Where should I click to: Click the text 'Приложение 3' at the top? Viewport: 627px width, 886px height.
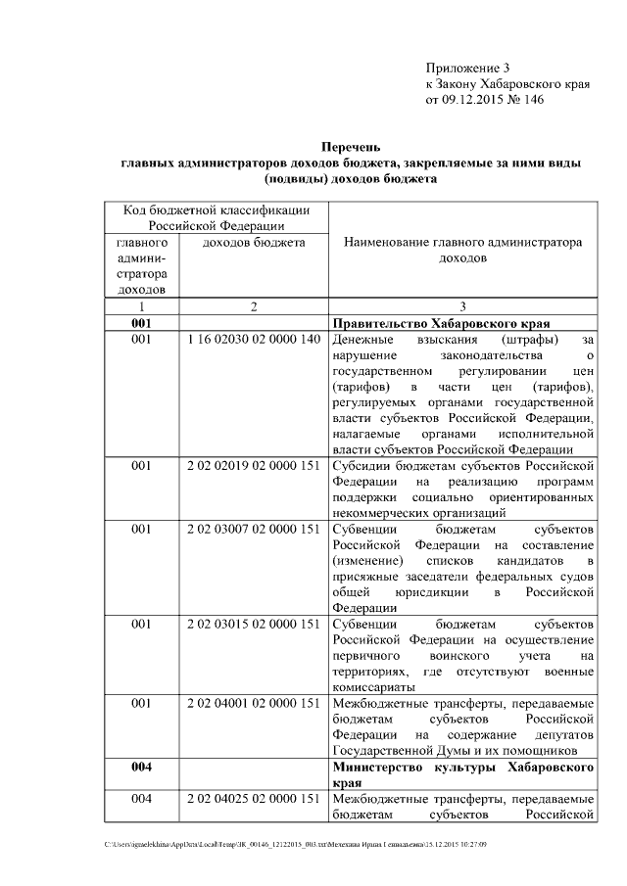coord(468,68)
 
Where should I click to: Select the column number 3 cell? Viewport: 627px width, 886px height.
coord(462,305)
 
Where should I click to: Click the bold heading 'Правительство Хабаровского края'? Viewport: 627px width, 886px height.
coord(440,323)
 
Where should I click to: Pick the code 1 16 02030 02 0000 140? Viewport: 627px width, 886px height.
coord(253,340)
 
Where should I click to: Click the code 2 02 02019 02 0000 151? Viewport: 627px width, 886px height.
coord(253,466)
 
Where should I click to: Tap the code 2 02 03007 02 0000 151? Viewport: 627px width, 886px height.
coord(253,530)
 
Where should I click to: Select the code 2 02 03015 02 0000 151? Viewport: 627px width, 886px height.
coord(253,624)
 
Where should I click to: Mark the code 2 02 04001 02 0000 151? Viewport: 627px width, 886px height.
coord(253,703)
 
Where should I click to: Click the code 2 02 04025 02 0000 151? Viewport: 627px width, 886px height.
coord(253,799)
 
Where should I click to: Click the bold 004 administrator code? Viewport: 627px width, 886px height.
coord(141,767)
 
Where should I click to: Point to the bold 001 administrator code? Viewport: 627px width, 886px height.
coord(141,323)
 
